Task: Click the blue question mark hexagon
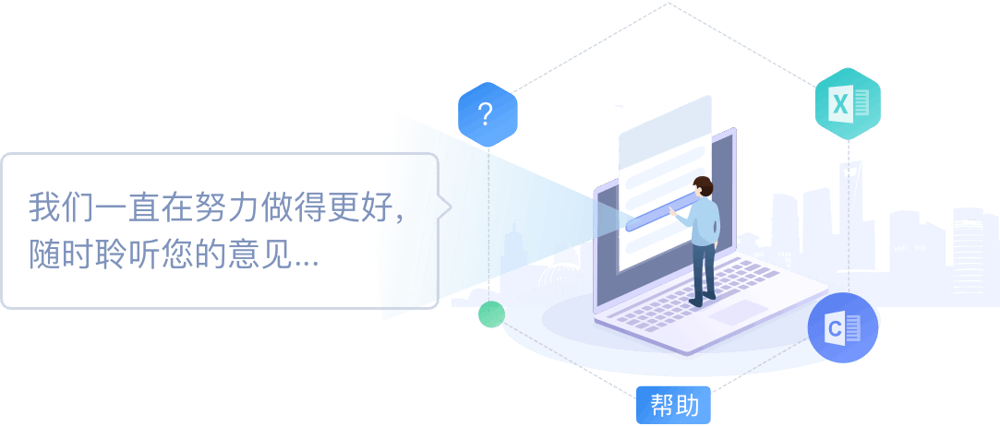click(487, 114)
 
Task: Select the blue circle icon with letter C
click(842, 327)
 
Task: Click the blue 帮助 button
click(674, 405)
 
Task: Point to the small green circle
click(491, 314)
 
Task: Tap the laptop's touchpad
click(738, 313)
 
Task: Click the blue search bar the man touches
click(657, 213)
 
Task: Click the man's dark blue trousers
click(704, 267)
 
